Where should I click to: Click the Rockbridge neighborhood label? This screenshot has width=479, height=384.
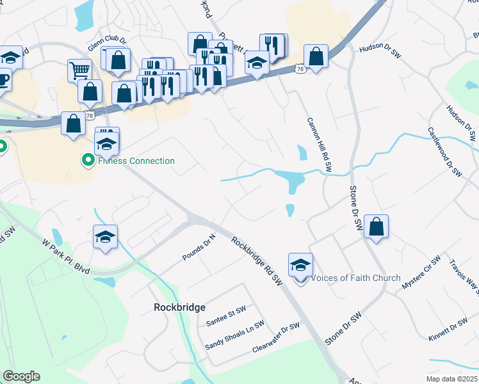point(180,307)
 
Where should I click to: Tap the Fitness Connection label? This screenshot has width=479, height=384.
point(136,161)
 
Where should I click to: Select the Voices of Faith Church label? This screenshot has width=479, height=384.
point(355,278)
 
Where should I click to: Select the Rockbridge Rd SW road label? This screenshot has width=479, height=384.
point(257,260)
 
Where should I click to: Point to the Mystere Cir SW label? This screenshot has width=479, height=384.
point(421,272)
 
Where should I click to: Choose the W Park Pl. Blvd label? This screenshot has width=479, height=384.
point(67,253)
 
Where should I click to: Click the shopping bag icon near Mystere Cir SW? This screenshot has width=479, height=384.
point(377,226)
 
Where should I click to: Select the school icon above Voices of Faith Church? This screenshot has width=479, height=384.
point(300,264)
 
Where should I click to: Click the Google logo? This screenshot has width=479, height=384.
point(22,376)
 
